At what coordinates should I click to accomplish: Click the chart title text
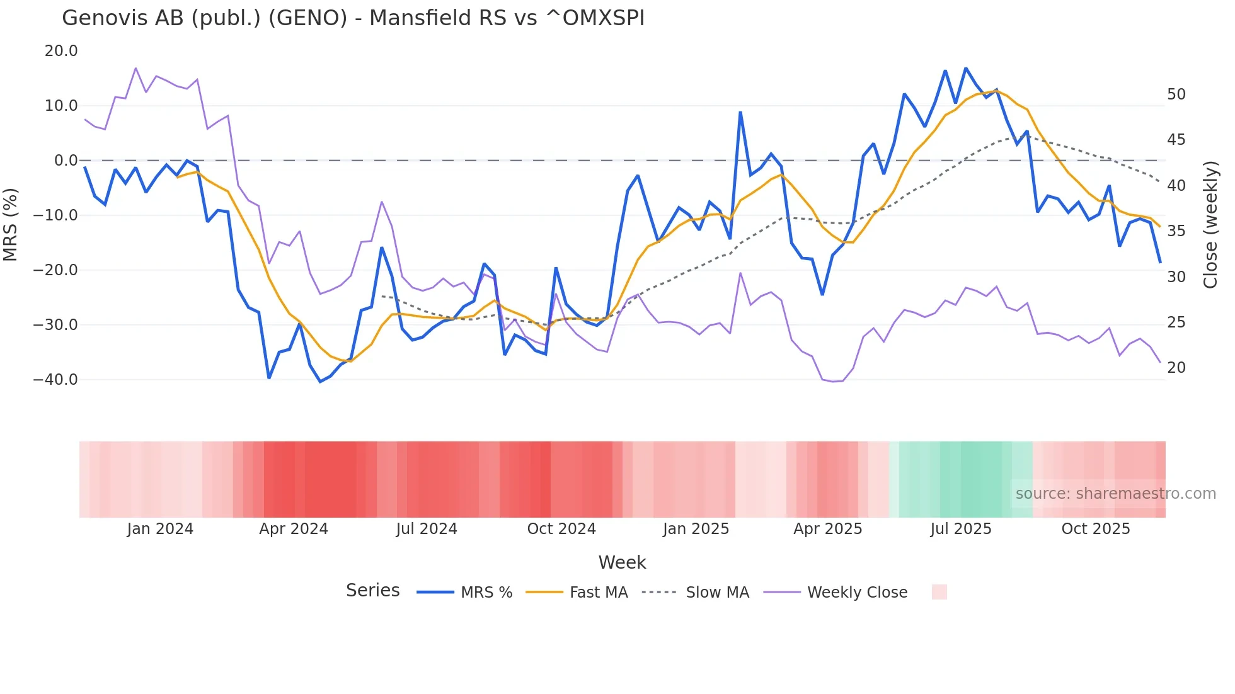pyautogui.click(x=353, y=18)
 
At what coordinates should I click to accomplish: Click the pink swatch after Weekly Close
pyautogui.click(x=939, y=592)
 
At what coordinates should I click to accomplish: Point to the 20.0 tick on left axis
pyautogui.click(x=61, y=51)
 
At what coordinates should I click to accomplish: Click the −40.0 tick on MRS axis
pyautogui.click(x=56, y=380)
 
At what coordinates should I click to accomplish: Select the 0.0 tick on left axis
pyautogui.click(x=66, y=161)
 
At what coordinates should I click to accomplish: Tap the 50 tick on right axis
pyautogui.click(x=1176, y=94)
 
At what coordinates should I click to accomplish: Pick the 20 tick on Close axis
pyautogui.click(x=1176, y=368)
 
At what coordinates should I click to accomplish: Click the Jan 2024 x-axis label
pyautogui.click(x=160, y=529)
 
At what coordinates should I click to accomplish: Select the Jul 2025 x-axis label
pyautogui.click(x=960, y=529)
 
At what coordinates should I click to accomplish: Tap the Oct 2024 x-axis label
pyautogui.click(x=561, y=529)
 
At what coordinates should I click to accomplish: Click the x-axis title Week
pyautogui.click(x=622, y=562)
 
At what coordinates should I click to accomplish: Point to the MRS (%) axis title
pyautogui.click(x=10, y=224)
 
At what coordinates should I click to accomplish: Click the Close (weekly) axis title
pyautogui.click(x=1210, y=225)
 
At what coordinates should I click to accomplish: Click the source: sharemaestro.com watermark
pyautogui.click(x=1115, y=494)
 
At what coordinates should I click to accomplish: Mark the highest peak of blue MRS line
pyautogui.click(x=965, y=68)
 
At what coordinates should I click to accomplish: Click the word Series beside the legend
pyautogui.click(x=372, y=591)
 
